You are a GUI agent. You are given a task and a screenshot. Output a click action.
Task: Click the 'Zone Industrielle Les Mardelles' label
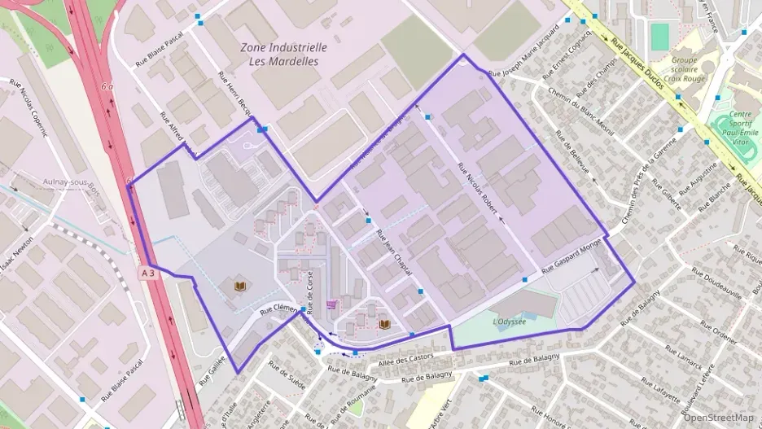[x=284, y=54]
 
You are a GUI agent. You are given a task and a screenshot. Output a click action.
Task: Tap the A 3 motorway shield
[x=147, y=274]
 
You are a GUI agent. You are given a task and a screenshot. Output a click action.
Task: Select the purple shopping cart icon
[x=331, y=305]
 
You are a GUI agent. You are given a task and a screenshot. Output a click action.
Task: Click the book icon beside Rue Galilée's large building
[x=240, y=286]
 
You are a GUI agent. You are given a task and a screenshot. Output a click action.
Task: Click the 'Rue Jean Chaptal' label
[x=392, y=252]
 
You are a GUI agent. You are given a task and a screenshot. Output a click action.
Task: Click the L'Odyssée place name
[x=510, y=322]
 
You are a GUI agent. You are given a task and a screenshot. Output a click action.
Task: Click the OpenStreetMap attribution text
[x=718, y=418]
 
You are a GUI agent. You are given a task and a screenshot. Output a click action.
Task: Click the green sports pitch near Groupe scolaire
[x=659, y=36]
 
